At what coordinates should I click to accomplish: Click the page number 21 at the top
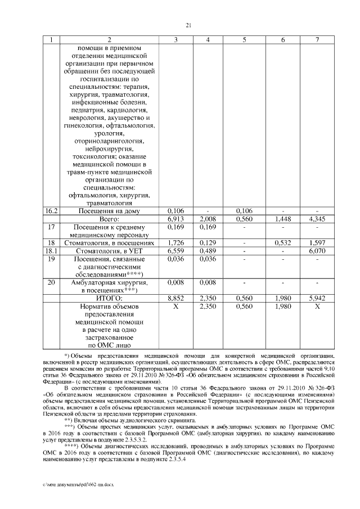[x=188, y=24]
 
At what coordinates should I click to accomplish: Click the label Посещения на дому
[x=110, y=210]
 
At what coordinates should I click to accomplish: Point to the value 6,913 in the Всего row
[x=176, y=218]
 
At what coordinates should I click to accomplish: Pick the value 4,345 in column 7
[x=317, y=218]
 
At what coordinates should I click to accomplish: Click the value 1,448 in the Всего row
[x=282, y=218]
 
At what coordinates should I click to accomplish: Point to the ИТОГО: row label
[x=110, y=296]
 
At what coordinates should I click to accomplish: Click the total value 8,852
[x=176, y=296]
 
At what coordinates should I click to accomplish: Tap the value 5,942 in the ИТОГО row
[x=317, y=296]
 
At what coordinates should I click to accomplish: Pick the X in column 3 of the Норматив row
[x=176, y=307]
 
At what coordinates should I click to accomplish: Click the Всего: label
[x=110, y=218]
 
